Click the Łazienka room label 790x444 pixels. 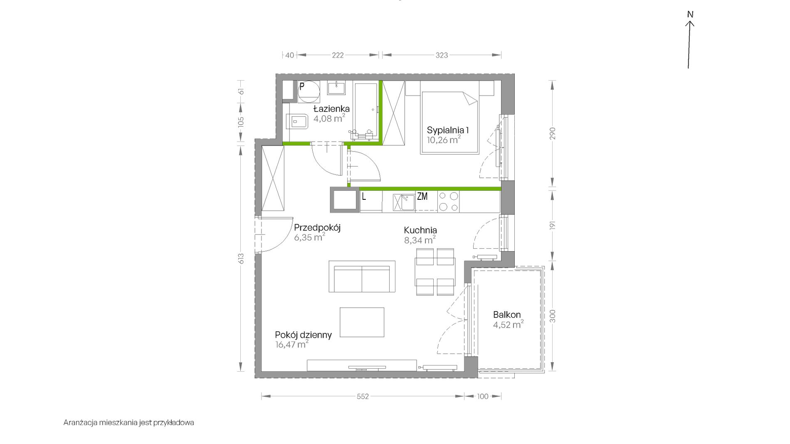coord(331,109)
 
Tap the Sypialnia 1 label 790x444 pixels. coord(448,130)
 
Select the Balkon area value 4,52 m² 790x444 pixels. coord(508,324)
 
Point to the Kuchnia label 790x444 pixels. coord(420,230)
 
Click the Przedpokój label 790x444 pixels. coord(317,228)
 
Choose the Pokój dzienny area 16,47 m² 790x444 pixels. coord(292,344)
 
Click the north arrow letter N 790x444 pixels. coord(690,14)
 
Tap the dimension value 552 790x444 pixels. coord(363,396)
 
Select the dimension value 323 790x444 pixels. coord(442,55)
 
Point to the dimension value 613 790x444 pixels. coord(241,258)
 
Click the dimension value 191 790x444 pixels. coord(553,226)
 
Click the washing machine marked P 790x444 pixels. coord(309,91)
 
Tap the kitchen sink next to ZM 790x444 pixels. coord(404,202)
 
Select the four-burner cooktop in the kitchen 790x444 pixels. coord(449,201)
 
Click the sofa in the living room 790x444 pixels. coord(362,276)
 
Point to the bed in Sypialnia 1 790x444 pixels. coord(449,123)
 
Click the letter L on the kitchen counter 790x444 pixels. coord(364,196)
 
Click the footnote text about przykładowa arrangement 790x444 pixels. coord(128,423)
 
